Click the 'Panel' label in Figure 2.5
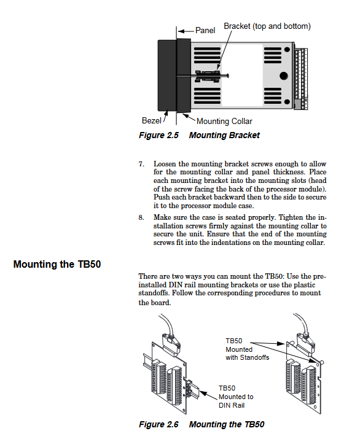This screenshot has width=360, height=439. coord(205,30)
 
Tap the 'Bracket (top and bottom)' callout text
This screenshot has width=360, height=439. coord(267,26)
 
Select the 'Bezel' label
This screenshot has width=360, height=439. coord(151,120)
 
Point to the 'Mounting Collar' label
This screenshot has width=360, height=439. coord(224,121)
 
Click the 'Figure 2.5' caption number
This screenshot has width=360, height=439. coord(158,135)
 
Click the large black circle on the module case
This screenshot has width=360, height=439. coord(284,76)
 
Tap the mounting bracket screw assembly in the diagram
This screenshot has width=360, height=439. coord(211,76)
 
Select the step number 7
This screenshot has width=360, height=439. coord(141,164)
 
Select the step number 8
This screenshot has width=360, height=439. coord(141,217)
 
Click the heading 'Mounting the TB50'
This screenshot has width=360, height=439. coord(57,264)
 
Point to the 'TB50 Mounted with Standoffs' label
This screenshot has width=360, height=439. coord(247,349)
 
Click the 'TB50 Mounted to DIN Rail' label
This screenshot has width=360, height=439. coord(236,397)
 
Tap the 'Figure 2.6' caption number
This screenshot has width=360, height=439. coord(158,424)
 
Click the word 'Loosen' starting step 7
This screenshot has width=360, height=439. coord(165,164)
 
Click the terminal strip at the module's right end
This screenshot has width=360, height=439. coord(301,79)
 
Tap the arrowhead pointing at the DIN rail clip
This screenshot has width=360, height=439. coord(203,393)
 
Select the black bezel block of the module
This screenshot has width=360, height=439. coord(167,75)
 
